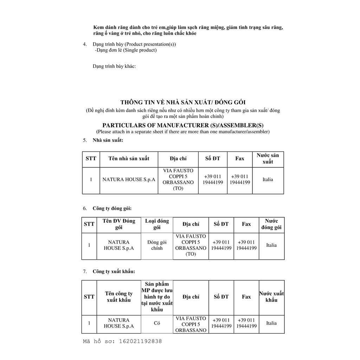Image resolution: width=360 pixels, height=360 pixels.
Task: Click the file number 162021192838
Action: [141, 341]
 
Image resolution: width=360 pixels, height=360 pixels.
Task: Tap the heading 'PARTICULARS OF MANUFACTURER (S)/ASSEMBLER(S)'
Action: [183, 126]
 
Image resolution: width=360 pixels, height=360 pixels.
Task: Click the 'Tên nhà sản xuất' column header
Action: [129, 159]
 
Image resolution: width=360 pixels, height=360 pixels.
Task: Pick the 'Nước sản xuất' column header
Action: [268, 159]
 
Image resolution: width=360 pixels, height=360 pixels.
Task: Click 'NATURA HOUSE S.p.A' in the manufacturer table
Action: [129, 179]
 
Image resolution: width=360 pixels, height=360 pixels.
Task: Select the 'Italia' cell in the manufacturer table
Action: [268, 179]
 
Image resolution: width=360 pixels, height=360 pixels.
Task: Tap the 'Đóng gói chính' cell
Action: [157, 245]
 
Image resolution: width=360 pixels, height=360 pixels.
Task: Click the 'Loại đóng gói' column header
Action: [157, 224]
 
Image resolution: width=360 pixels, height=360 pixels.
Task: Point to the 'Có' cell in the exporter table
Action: [157, 323]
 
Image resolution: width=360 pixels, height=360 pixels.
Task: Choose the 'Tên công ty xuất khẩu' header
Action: [119, 297]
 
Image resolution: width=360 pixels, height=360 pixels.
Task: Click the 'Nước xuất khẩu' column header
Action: [271, 297]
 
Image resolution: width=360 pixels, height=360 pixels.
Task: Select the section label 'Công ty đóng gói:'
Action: [112, 208]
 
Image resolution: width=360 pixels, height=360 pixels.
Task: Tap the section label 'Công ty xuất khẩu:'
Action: [114, 271]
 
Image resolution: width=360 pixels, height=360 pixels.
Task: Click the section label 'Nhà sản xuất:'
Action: [108, 140]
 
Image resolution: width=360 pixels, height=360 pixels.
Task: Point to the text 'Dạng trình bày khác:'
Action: [114, 66]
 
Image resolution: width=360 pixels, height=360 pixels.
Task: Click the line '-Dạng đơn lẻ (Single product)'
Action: [126, 50]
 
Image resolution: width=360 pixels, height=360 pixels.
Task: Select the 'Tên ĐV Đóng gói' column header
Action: [119, 224]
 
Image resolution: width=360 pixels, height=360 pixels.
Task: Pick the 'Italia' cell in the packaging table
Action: [271, 245]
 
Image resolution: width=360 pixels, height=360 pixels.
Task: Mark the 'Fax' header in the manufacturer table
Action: [240, 159]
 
